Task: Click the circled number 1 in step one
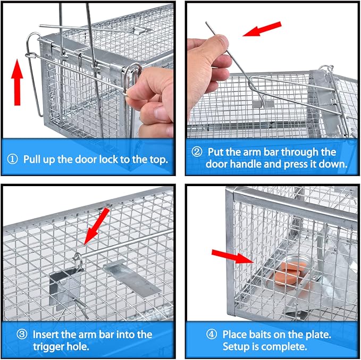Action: (x=12, y=159)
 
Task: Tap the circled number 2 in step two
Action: (x=197, y=152)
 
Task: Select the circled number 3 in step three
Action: (x=22, y=334)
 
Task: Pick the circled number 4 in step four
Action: (x=212, y=334)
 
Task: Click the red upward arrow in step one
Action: (x=17, y=82)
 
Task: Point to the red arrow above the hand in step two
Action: (x=262, y=29)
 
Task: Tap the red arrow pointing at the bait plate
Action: (x=232, y=256)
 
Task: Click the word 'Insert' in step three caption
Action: (x=45, y=334)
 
